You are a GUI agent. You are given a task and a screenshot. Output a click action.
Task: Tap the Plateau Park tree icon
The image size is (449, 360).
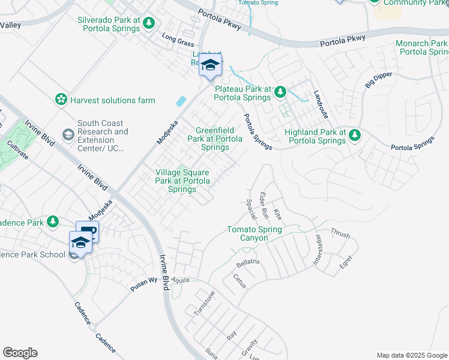click(x=280, y=92)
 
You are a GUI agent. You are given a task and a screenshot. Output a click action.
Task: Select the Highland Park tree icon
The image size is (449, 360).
click(x=355, y=136)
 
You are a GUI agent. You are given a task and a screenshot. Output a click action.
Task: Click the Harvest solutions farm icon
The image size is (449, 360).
click(x=60, y=100)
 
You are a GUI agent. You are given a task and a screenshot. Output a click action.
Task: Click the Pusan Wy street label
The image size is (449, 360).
click(x=144, y=284)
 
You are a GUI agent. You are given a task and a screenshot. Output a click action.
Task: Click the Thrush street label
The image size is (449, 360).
click(x=340, y=233)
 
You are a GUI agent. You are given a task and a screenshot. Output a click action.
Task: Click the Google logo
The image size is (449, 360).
click(x=20, y=353)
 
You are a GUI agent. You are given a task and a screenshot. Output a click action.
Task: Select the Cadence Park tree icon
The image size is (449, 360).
click(x=53, y=222)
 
